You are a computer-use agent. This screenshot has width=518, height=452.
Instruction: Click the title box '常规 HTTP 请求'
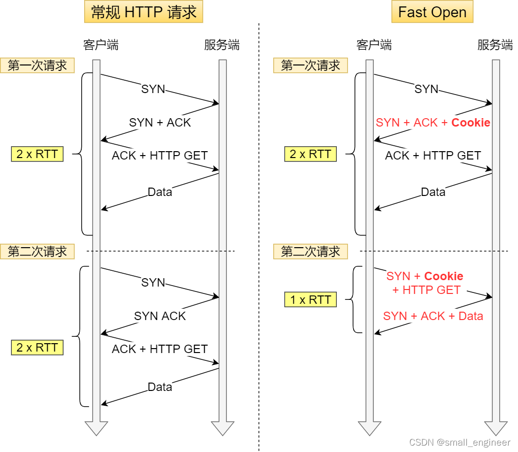(143, 12)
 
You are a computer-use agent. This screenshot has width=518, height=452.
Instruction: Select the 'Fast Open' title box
(432, 12)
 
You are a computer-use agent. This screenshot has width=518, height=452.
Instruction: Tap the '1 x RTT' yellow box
(310, 300)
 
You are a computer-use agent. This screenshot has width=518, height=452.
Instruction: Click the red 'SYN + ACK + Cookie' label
(433, 123)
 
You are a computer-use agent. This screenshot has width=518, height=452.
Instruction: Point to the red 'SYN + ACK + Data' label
(433, 316)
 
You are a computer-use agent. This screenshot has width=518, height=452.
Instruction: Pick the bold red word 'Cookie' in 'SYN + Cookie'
(444, 276)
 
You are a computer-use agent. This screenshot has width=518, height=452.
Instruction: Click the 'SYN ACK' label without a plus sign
(160, 316)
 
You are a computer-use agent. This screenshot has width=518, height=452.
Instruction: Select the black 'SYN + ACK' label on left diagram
(160, 123)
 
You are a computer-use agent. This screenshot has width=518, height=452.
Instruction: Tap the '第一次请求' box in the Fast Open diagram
(310, 65)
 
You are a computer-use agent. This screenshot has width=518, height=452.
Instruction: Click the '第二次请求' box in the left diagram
(37, 252)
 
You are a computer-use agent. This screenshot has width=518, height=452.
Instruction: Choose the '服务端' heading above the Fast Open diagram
(495, 45)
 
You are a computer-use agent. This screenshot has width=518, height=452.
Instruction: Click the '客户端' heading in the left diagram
(100, 45)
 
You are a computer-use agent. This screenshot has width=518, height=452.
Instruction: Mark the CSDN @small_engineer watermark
(460, 443)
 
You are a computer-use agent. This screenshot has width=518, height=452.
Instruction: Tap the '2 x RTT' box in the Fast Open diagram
(310, 154)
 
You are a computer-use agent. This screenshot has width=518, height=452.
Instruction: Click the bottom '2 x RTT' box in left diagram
(37, 348)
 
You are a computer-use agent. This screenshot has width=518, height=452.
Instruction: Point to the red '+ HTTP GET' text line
(426, 290)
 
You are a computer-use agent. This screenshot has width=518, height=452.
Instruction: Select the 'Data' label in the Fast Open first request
(433, 192)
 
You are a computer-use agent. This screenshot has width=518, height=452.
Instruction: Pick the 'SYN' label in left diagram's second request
(153, 283)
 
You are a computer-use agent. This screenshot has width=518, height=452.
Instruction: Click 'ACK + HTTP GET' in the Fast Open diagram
(433, 156)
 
